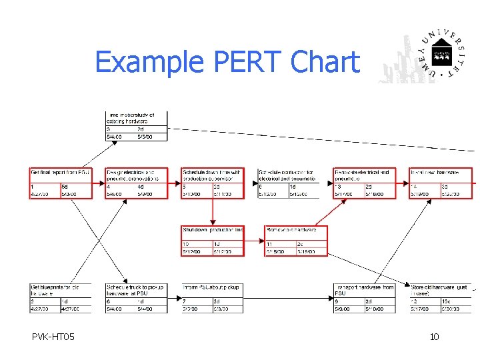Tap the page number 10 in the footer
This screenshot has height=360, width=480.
point(434,337)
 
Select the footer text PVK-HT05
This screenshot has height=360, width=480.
point(53,337)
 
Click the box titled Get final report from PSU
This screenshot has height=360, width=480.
point(60,182)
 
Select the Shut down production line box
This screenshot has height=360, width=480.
point(213,241)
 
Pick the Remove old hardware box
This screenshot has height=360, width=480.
point(296,241)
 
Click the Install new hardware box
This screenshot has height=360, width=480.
point(441,182)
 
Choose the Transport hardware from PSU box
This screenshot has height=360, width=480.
point(365,298)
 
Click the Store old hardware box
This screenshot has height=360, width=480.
point(441,298)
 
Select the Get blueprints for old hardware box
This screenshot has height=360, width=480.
point(60,298)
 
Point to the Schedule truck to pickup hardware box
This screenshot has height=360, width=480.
point(137,298)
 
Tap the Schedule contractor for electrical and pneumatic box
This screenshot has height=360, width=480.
point(289,182)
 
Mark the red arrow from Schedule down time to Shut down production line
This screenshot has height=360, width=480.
point(213,212)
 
